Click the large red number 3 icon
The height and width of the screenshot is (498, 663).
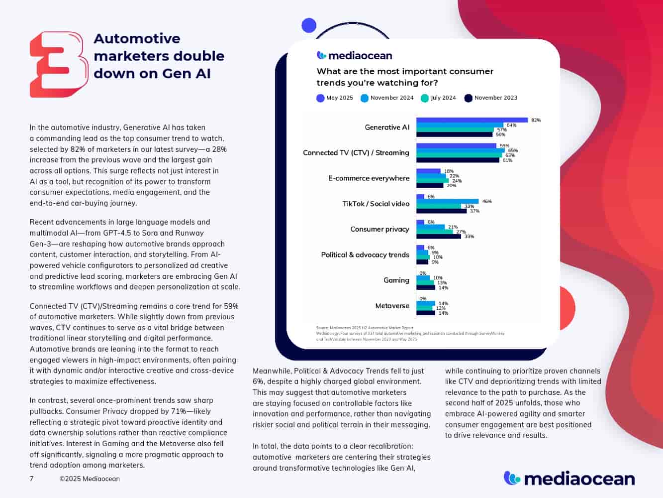59,64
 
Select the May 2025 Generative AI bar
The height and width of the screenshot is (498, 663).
472,120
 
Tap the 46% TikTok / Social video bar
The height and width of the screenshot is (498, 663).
447,201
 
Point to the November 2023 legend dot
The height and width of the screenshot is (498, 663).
468,98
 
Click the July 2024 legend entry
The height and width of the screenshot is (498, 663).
438,98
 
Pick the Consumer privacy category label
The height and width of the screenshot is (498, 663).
379,229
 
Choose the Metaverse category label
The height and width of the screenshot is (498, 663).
392,306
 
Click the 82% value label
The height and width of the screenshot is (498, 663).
536,120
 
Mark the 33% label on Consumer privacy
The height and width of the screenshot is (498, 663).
469,237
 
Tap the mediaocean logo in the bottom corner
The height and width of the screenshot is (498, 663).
569,479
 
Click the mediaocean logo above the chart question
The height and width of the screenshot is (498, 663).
354,55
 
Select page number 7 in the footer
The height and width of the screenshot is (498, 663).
32,479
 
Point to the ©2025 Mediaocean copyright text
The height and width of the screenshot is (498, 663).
90,479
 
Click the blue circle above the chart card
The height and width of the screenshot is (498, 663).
309,25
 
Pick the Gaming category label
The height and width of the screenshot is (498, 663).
396,280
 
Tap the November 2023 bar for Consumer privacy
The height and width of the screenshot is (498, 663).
439,237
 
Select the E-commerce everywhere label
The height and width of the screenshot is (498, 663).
369,178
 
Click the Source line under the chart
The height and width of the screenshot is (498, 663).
365,328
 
